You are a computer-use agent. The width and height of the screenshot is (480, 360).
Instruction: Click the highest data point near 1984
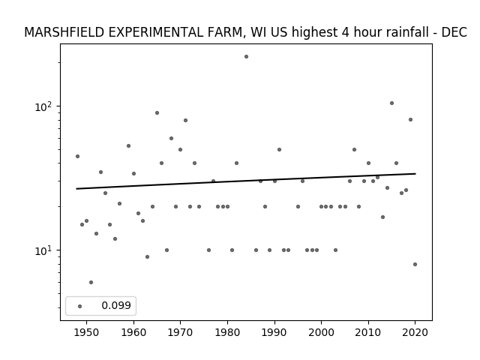tap(246, 57)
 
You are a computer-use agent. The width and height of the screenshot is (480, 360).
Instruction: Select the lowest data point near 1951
tap(91, 282)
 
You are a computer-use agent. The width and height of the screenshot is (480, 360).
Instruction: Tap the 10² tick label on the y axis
tap(43, 106)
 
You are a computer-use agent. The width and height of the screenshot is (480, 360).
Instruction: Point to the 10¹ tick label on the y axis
tap(43, 250)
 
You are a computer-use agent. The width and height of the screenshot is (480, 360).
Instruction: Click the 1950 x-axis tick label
tap(87, 332)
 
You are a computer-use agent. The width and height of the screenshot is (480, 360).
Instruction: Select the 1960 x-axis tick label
tap(133, 332)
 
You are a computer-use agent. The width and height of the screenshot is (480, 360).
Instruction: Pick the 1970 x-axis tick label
tap(180, 332)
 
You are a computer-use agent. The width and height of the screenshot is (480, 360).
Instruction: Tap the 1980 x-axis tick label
tap(227, 332)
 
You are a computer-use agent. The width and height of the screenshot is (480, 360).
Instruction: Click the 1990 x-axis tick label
tap(274, 332)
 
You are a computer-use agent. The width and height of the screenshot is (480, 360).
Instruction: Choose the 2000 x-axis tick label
tap(322, 332)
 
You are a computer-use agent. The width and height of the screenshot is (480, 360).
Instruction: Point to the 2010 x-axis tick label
tap(368, 332)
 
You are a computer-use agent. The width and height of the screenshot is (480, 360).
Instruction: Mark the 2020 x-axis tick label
tap(415, 332)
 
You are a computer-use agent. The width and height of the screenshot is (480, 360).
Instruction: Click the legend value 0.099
tap(116, 305)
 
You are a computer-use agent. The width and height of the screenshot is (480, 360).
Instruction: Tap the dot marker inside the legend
tap(80, 306)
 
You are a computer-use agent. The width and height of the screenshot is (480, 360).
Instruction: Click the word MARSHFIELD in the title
tap(64, 32)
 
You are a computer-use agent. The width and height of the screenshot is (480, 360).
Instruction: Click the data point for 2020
tap(415, 264)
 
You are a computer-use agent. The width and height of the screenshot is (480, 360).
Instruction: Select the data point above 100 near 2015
tap(391, 103)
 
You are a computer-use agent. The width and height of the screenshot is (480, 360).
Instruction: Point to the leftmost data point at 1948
tap(77, 157)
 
